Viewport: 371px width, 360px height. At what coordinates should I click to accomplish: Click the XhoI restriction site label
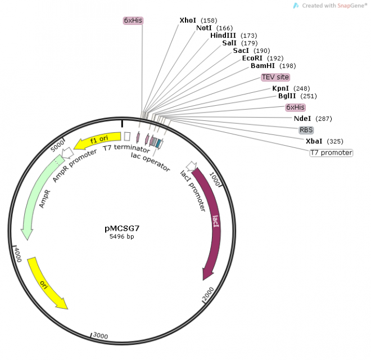click(x=187, y=20)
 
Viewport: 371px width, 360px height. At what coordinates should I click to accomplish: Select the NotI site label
click(x=203, y=28)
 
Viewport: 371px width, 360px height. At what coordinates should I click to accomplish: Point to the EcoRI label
click(x=252, y=58)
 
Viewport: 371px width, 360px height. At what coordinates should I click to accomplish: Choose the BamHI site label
click(x=262, y=66)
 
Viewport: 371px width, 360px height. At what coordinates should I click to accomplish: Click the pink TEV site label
click(x=275, y=76)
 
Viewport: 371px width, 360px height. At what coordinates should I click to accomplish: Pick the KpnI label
click(x=280, y=88)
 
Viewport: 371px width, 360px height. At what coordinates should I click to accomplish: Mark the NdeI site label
click(x=302, y=119)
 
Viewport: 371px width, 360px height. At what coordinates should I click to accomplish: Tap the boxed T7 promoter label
click(x=331, y=152)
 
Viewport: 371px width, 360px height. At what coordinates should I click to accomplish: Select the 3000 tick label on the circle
click(x=100, y=336)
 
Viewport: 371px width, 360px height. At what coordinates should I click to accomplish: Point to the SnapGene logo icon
click(x=296, y=6)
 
